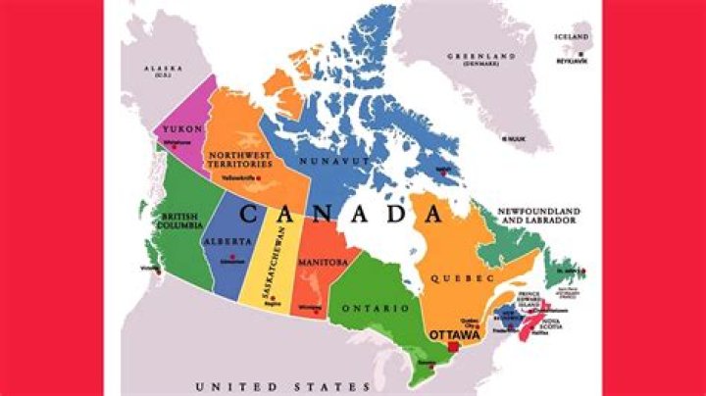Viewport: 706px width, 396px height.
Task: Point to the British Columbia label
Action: [x=167, y=220]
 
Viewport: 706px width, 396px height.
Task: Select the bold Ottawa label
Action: [x=454, y=335]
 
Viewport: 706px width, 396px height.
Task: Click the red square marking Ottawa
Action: [x=452, y=347]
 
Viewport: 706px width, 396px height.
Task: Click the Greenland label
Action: [x=481, y=60]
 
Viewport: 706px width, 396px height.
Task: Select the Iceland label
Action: [x=571, y=37]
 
